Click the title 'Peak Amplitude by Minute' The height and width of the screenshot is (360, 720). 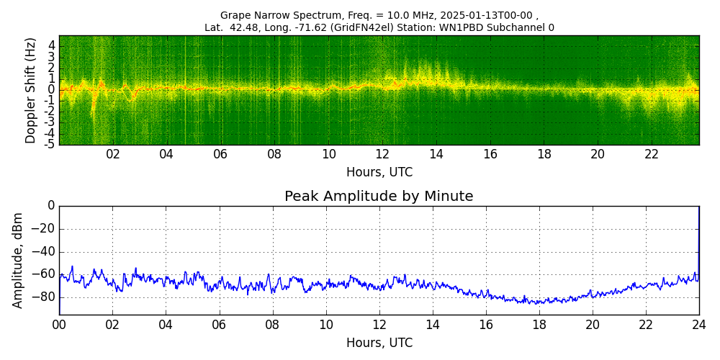pos(379,197)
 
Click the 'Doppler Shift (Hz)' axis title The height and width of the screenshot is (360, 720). pos(31,90)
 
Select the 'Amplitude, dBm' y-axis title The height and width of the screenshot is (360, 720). pos(18,260)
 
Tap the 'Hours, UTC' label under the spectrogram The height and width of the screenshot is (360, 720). pos(379,173)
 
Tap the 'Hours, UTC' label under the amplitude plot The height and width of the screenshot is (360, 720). pos(379,343)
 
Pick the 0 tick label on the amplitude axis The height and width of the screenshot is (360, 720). pos(50,206)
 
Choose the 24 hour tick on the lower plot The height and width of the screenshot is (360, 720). pos(699,325)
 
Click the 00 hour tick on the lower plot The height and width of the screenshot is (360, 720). pos(59,325)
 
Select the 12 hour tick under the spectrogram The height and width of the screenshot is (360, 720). pos(382,155)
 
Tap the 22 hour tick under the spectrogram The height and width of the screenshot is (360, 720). pos(652,155)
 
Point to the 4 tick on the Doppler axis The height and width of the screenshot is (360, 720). pos(51,45)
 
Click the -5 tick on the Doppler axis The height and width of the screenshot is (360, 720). pos(49,144)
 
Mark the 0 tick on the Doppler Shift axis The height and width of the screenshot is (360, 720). pos(51,90)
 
